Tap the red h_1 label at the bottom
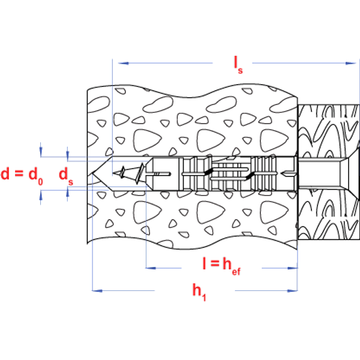(199, 292)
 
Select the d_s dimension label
(63, 175)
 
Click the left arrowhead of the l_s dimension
(121, 62)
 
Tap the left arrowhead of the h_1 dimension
(95, 291)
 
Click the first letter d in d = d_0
(6, 174)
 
